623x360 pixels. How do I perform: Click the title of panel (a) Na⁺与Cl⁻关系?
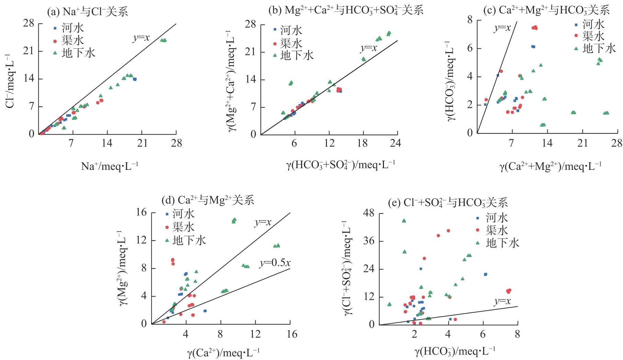coord(87,12)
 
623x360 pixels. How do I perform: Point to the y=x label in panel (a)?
coord(141,37)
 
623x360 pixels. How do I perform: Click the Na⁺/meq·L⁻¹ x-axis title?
coord(110,166)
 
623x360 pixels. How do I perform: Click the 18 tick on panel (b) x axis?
coord(363,143)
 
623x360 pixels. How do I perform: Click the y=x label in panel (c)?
coord(502,28)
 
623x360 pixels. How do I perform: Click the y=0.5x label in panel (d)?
coord(275,263)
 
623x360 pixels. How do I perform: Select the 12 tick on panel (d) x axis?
coord(256,334)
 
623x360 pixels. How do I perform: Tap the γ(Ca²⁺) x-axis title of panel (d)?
coord(223,352)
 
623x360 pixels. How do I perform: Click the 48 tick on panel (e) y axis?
coord(369,213)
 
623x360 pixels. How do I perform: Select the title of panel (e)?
coord(448,203)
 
